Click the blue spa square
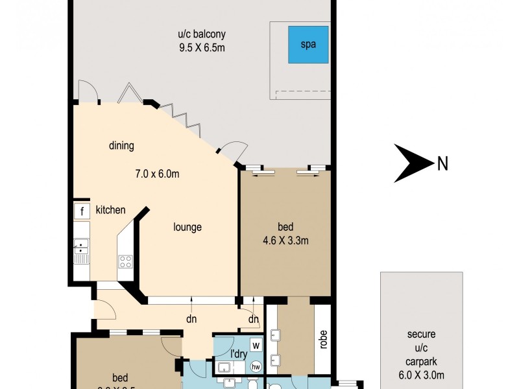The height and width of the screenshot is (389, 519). click(x=308, y=44)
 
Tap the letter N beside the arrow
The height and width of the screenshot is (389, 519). click(x=442, y=164)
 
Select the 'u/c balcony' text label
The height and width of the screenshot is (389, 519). click(x=205, y=34)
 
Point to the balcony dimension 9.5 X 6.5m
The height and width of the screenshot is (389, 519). click(x=205, y=48)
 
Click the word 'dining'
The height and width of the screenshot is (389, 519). click(x=121, y=146)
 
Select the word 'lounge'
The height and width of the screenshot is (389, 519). click(x=187, y=227)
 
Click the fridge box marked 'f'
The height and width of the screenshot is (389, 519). click(x=82, y=211)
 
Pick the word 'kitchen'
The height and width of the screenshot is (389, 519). click(x=110, y=210)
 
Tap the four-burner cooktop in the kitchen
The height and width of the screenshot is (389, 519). click(x=125, y=262)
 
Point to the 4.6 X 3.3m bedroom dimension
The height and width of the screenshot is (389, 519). click(x=285, y=241)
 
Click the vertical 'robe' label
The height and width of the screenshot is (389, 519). click(x=322, y=340)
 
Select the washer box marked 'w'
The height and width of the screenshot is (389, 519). click(x=256, y=344)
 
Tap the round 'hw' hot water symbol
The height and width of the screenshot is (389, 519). click(x=256, y=366)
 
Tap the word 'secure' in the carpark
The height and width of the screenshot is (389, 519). click(x=421, y=335)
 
